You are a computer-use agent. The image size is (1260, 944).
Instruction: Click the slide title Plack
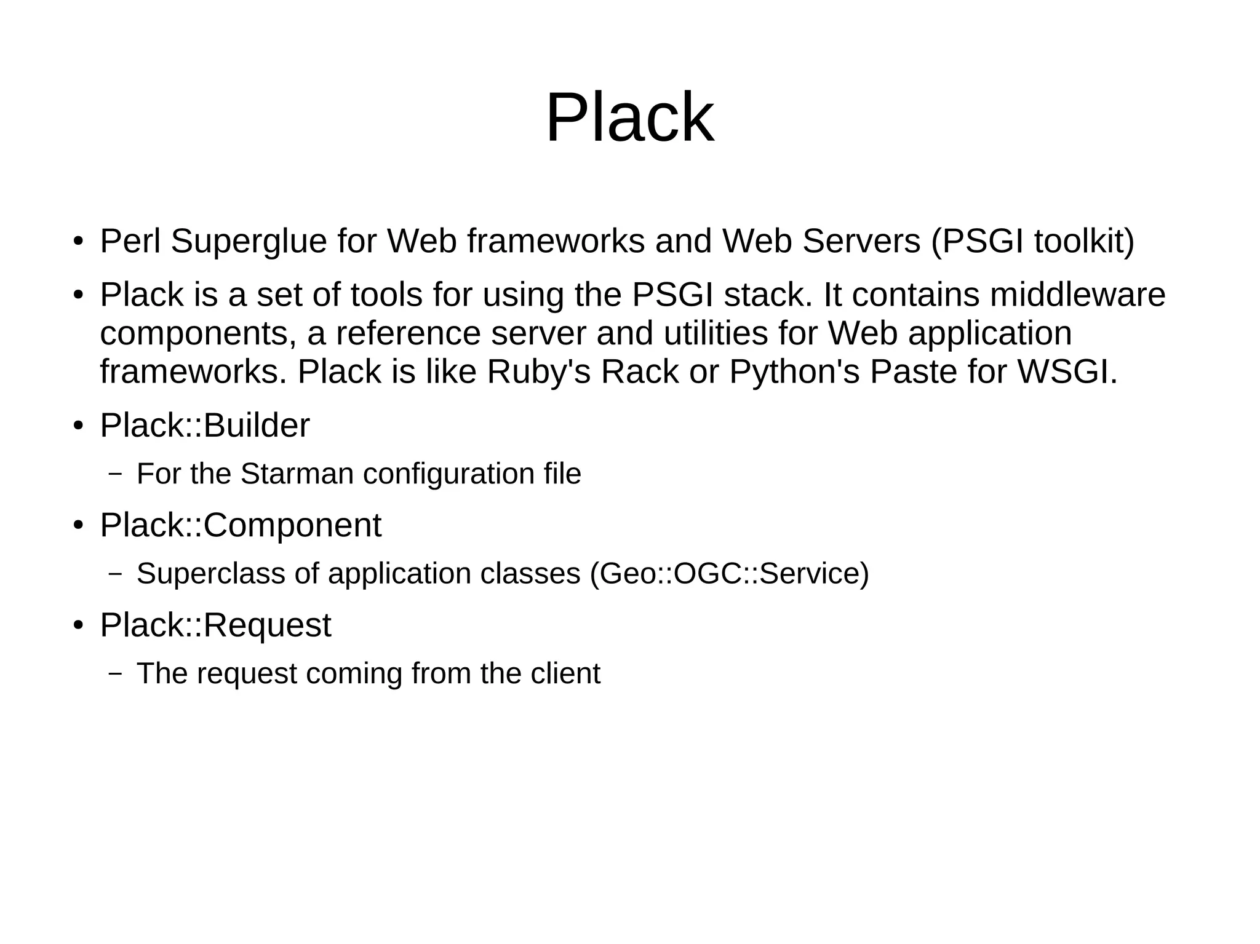(629, 117)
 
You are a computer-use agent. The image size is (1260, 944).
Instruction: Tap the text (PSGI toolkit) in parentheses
(1032, 241)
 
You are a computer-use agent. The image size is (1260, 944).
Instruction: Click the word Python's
(794, 372)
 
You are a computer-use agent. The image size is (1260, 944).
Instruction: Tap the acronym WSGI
(1067, 372)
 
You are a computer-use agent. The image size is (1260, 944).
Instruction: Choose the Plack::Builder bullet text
(205, 426)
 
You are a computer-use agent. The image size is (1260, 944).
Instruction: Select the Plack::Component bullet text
(241, 525)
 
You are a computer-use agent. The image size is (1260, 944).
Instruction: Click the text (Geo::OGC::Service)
(729, 574)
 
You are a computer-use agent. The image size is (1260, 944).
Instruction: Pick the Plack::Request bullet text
(215, 625)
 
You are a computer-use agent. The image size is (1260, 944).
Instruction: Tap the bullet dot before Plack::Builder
(78, 427)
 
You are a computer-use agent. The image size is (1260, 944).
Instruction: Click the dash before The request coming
(114, 673)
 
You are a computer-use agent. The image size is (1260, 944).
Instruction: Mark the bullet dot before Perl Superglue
(78, 242)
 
